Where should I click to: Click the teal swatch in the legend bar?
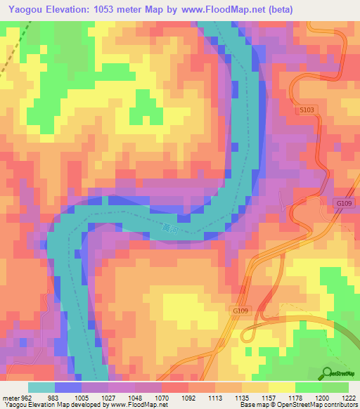[40, 388]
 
